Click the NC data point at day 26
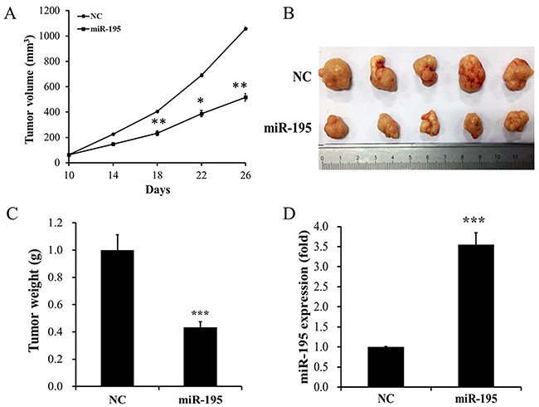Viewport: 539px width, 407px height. pos(245,29)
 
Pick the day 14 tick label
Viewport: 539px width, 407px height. pos(112,174)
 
